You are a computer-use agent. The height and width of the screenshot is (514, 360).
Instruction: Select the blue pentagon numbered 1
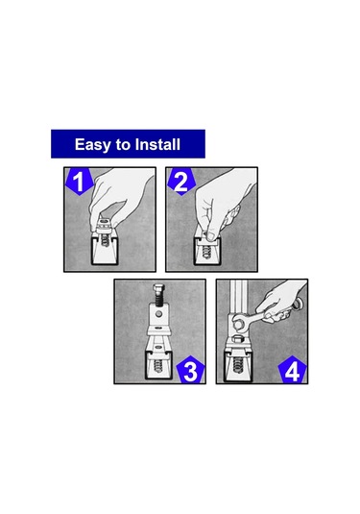pyautogui.click(x=79, y=182)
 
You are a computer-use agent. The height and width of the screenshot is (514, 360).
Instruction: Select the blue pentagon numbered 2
pyautogui.click(x=181, y=182)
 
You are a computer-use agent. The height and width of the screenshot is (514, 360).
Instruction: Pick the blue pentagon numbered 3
pyautogui.click(x=191, y=370)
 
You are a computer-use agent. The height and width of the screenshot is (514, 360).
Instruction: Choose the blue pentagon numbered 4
pyautogui.click(x=293, y=370)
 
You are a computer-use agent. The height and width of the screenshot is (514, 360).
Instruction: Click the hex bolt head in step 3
pyautogui.click(x=158, y=289)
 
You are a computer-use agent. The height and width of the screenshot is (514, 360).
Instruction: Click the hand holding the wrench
pyautogui.click(x=281, y=300)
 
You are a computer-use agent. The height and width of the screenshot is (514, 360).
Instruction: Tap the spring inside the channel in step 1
pyautogui.click(x=105, y=240)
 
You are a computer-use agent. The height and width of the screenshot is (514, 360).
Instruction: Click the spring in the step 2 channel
pyautogui.click(x=206, y=252)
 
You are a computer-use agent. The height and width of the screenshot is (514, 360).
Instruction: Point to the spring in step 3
pyautogui.click(x=157, y=366)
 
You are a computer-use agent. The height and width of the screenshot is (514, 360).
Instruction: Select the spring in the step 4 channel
pyautogui.click(x=238, y=365)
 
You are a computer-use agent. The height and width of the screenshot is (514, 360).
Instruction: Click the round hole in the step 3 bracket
pyautogui.click(x=158, y=314)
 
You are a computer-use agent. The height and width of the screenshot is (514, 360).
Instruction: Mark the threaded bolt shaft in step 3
pyautogui.click(x=158, y=300)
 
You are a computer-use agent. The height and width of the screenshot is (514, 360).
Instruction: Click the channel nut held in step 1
pyautogui.click(x=105, y=225)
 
